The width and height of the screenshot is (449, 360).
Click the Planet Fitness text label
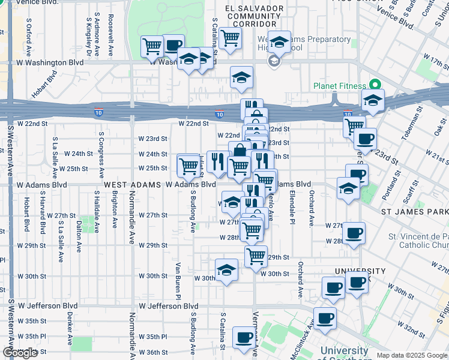click(339, 85)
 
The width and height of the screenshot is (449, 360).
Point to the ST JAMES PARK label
click(415, 212)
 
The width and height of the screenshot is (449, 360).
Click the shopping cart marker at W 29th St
click(256, 256)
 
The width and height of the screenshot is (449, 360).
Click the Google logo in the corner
click(20, 353)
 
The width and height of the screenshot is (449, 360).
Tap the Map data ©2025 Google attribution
click(412, 355)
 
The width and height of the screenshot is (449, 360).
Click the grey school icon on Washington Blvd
click(274, 61)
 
